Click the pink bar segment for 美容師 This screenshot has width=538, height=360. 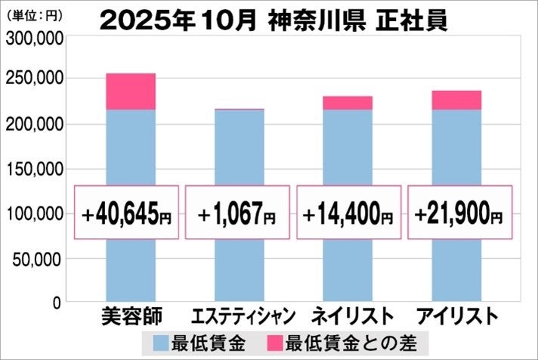(x=131, y=92)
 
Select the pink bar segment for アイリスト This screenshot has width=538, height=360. (x=456, y=100)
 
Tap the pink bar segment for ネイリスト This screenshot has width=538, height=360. (x=348, y=103)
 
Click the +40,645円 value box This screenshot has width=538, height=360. (x=127, y=213)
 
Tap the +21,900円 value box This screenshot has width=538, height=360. (x=459, y=213)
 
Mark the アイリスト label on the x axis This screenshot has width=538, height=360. (x=458, y=315)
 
